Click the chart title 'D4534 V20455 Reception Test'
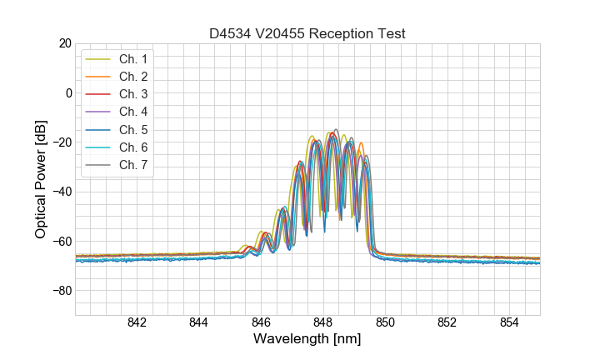pyautogui.click(x=307, y=33)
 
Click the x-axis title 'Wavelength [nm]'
pyautogui.click(x=307, y=340)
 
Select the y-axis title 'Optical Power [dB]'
pyautogui.click(x=41, y=179)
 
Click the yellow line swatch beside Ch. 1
pyautogui.click(x=98, y=59)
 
